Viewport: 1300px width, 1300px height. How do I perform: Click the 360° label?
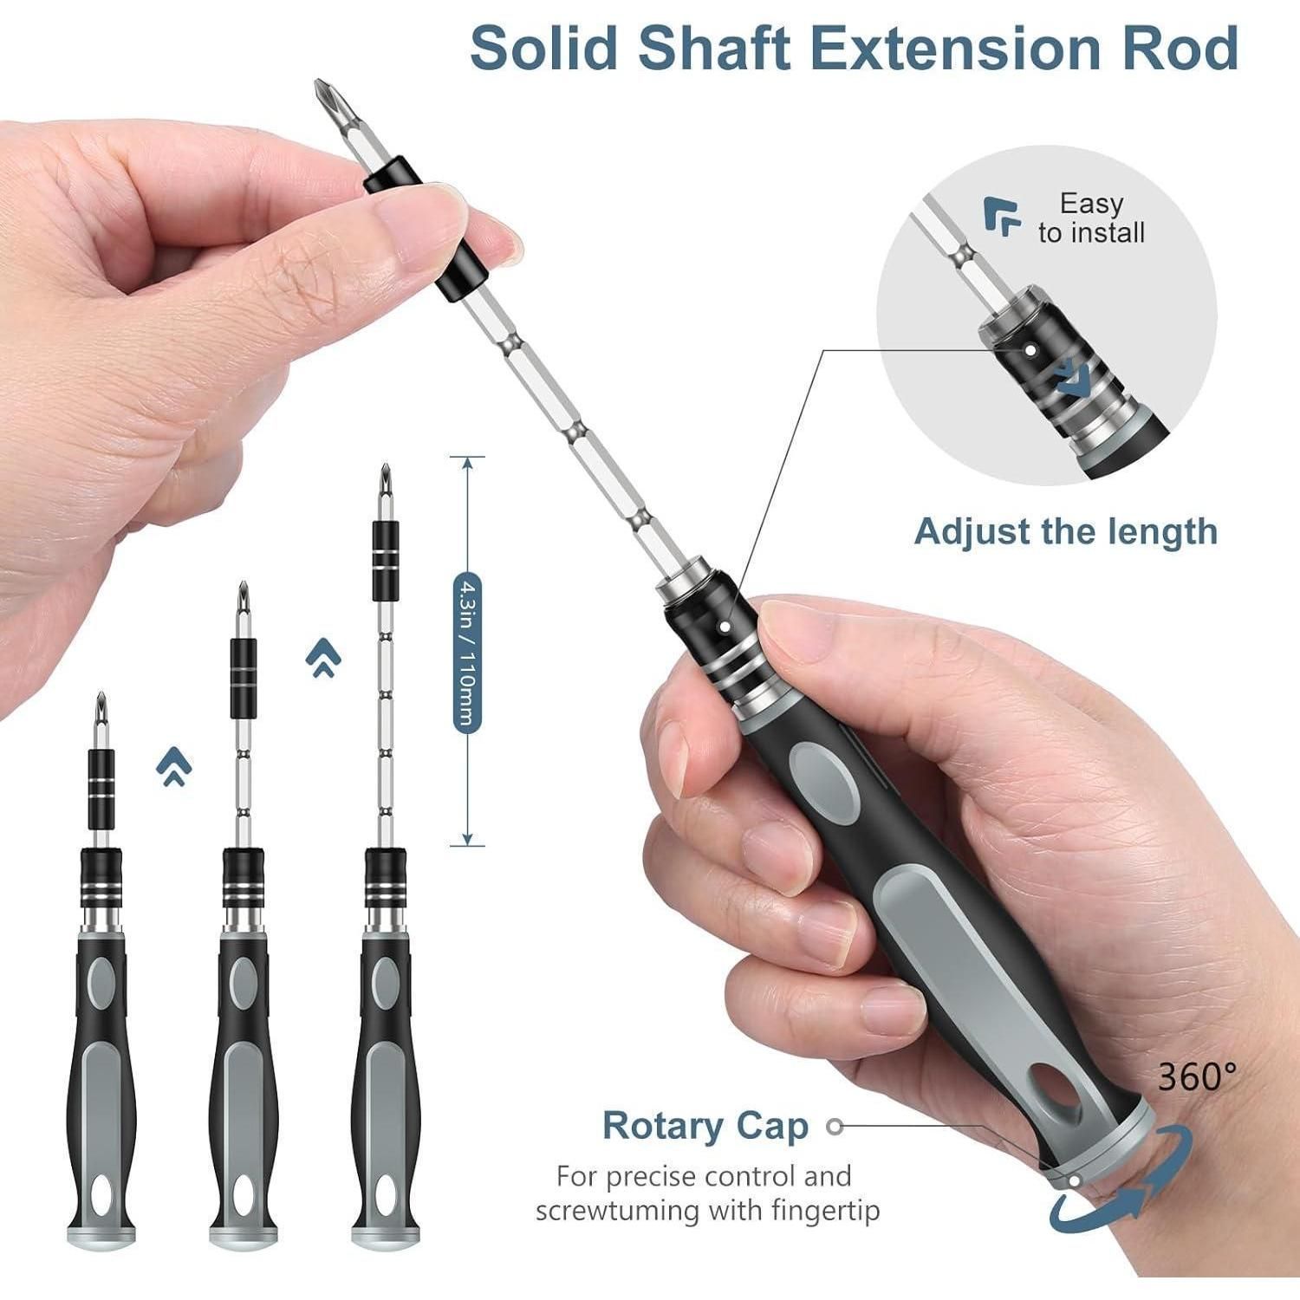tap(1197, 1077)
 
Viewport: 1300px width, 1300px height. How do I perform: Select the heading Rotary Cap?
tap(705, 1126)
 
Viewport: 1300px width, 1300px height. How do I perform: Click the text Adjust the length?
tap(1065, 531)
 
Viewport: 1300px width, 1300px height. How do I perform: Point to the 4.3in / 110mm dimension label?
tap(466, 654)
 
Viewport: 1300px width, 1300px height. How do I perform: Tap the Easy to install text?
tap(1091, 218)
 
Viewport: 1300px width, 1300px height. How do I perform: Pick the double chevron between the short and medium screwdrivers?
tap(174, 766)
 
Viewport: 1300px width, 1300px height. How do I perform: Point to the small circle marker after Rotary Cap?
tap(835, 1126)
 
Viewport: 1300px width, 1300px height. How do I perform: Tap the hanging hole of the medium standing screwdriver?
tap(244, 1196)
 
